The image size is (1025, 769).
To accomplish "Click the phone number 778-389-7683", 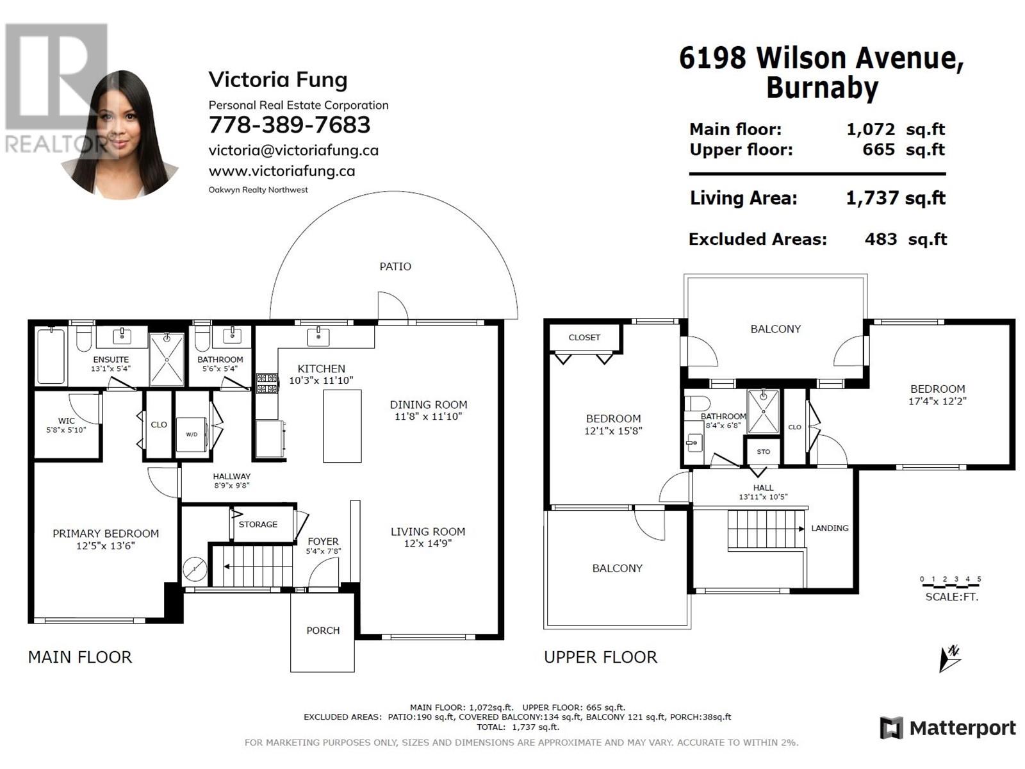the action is click(x=289, y=125).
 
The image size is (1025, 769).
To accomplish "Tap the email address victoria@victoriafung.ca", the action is click(x=293, y=151).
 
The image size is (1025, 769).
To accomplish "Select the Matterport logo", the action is click(x=948, y=728).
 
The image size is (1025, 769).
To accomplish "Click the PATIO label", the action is click(x=395, y=267).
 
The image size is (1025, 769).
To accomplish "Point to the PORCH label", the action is click(x=323, y=631).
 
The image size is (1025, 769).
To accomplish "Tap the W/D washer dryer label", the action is click(x=192, y=434).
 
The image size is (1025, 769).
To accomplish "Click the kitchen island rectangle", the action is click(x=342, y=426).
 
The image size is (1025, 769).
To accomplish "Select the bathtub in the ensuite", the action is click(x=51, y=357).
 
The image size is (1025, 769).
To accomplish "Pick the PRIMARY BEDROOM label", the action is click(x=106, y=533).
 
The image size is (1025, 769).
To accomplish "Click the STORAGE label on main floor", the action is click(x=258, y=524).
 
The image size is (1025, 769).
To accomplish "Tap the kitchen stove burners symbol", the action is click(x=266, y=383).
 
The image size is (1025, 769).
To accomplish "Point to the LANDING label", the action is click(x=830, y=528).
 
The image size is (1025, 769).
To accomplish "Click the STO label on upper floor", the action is click(x=763, y=452).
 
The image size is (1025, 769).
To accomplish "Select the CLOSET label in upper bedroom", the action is click(x=584, y=337).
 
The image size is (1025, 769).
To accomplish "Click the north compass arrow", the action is click(x=949, y=659).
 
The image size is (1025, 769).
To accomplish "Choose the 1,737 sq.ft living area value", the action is click(x=896, y=199).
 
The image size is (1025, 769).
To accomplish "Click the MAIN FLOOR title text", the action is click(x=80, y=657).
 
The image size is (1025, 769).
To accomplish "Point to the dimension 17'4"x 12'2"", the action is click(x=937, y=401).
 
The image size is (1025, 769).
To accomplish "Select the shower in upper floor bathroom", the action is click(x=763, y=411).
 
